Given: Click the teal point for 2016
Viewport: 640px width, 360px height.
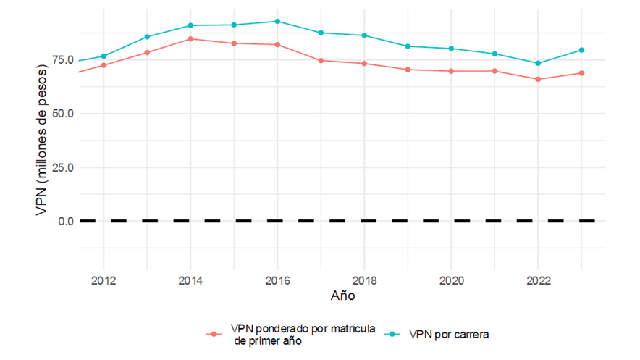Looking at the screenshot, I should (x=277, y=21).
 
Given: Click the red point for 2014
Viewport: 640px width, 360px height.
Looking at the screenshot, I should (x=190, y=38).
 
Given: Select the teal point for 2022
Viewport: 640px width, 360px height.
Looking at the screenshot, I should (x=537, y=63).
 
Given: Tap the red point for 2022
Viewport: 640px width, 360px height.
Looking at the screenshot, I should (x=537, y=79).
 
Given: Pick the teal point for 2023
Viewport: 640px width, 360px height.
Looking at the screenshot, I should (x=581, y=50).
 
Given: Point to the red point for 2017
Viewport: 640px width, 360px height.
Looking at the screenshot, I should (x=321, y=60).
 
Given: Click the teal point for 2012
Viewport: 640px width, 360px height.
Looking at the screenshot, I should (x=104, y=56).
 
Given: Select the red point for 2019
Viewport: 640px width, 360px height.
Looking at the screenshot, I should (x=408, y=70).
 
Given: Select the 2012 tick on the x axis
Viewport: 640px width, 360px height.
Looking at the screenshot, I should (x=104, y=280).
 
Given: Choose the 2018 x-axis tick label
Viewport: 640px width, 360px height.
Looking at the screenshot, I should (x=364, y=280).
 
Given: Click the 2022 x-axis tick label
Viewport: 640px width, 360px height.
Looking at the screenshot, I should (x=537, y=280).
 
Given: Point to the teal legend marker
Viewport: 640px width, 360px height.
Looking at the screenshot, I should (x=392, y=334).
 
